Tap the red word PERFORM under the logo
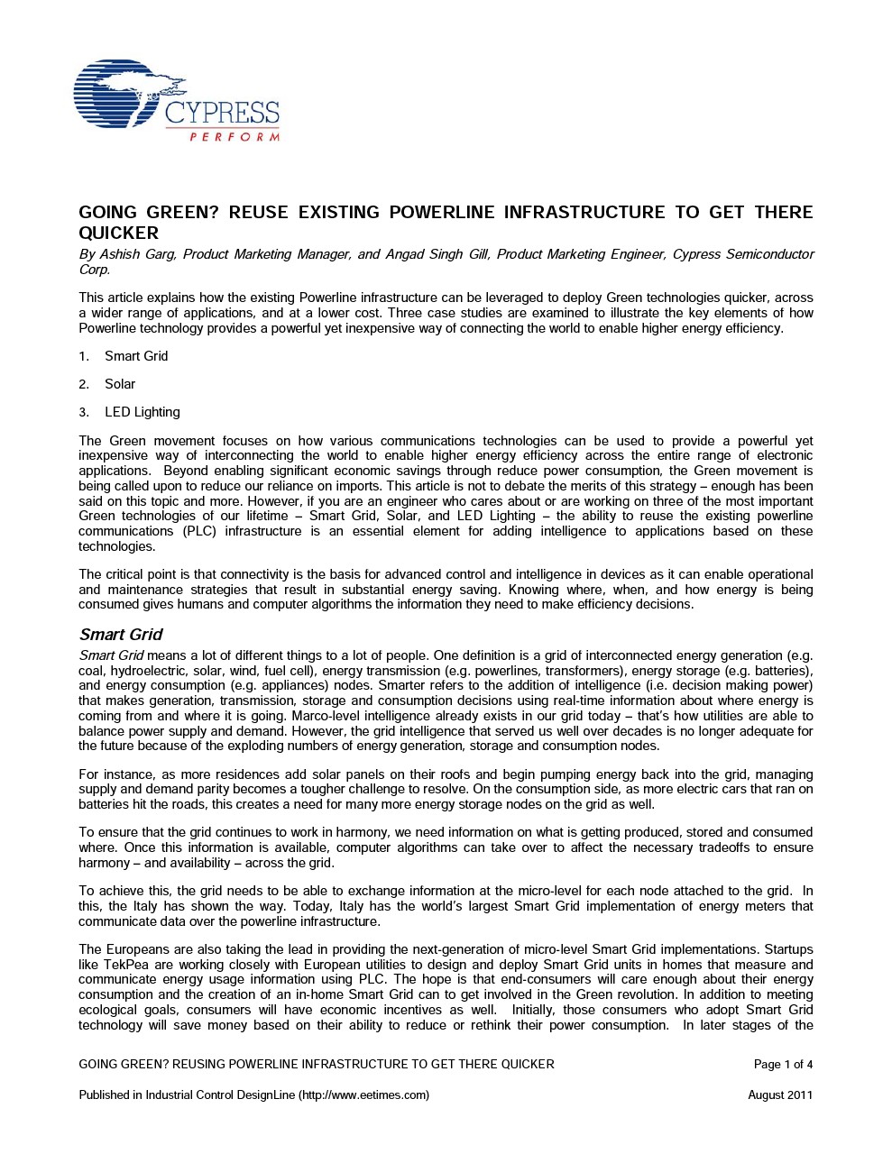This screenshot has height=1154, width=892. (x=234, y=137)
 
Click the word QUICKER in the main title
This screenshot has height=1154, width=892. (x=119, y=233)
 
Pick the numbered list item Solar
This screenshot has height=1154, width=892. (x=120, y=384)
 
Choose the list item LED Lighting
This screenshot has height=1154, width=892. (x=143, y=412)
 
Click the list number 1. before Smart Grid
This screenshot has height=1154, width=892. (x=84, y=356)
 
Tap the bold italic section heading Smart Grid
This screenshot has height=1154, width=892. (x=121, y=635)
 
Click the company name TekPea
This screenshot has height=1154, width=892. (x=123, y=965)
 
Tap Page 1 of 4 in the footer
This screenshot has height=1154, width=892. (x=783, y=1064)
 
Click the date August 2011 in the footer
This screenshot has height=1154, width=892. (x=780, y=1095)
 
